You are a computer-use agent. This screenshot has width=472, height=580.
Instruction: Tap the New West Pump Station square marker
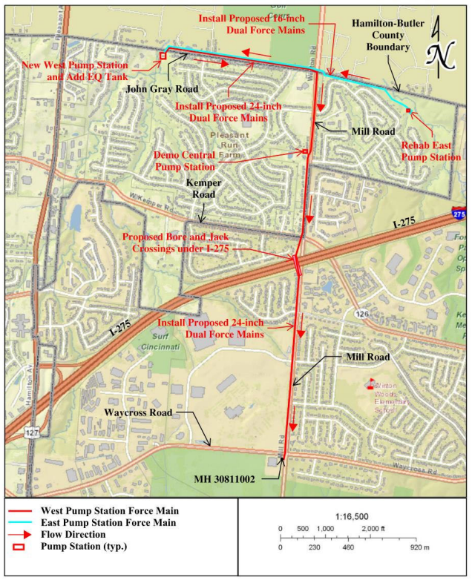[x=163, y=56]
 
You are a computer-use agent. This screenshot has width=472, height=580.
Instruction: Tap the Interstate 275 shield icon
[x=459, y=214]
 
